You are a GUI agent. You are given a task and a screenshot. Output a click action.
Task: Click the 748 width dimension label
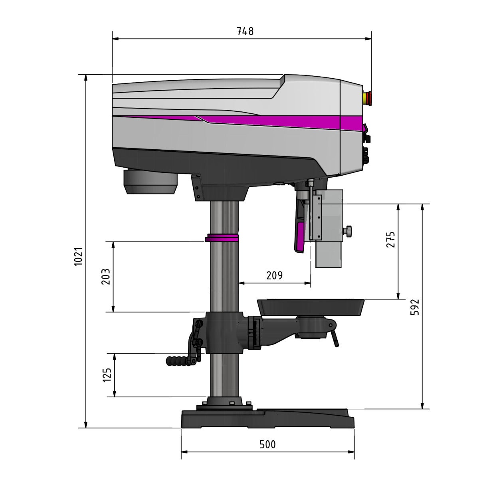point(245,31)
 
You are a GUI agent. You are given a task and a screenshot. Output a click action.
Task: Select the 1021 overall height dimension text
point(79,257)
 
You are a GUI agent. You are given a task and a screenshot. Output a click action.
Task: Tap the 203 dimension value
point(106,277)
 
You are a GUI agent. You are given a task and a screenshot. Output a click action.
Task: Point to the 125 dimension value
point(107,375)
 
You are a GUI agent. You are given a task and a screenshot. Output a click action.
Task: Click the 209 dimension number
point(274,275)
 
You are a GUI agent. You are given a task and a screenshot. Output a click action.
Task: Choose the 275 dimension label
point(390,239)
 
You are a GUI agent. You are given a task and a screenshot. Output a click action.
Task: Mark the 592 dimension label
point(415,307)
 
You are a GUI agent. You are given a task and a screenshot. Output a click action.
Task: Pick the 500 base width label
point(267,444)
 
